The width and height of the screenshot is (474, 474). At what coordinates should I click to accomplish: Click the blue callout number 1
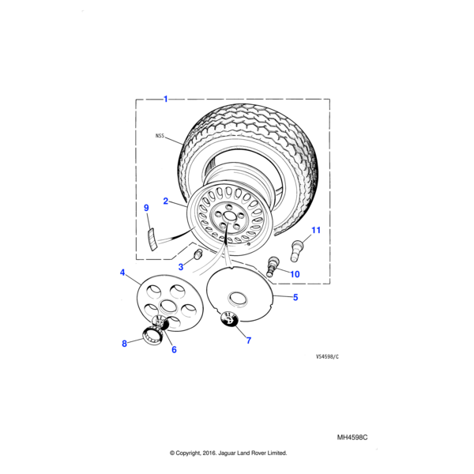tap(165, 99)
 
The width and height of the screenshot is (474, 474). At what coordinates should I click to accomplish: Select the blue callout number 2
tap(165, 201)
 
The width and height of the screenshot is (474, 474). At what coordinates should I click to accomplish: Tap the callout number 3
tap(181, 267)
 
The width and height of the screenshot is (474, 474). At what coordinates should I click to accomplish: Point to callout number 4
tap(122, 273)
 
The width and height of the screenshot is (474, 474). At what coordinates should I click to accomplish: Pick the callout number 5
tap(295, 297)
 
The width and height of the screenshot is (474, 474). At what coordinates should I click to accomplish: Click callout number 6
tap(174, 349)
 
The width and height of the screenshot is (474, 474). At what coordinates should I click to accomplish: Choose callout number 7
tap(249, 340)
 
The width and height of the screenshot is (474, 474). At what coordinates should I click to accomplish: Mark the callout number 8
tap(124, 344)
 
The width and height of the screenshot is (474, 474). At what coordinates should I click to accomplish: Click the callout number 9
tap(146, 208)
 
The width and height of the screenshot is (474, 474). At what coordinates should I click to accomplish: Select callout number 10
tap(295, 274)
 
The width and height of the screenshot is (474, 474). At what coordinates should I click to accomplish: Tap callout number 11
tap(316, 230)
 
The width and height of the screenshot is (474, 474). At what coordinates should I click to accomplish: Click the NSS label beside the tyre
tap(160, 136)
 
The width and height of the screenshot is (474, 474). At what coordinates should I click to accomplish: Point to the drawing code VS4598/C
tap(327, 357)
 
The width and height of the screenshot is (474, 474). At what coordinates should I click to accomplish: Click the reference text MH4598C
tap(352, 438)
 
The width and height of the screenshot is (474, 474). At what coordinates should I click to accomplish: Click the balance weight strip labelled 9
tap(152, 239)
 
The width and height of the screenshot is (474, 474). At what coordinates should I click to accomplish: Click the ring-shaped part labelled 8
tap(152, 335)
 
